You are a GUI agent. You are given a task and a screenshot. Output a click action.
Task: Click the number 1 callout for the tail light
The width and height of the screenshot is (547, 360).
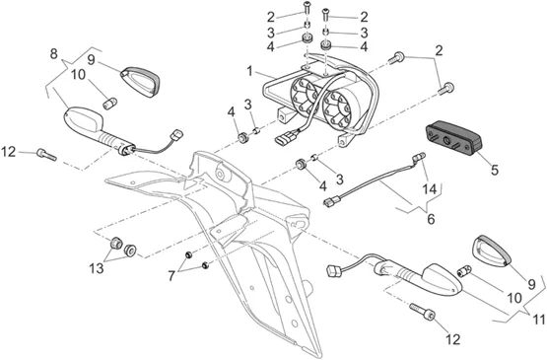click(x=249, y=72)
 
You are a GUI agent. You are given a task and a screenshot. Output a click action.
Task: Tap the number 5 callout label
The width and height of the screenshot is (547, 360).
click(x=495, y=170)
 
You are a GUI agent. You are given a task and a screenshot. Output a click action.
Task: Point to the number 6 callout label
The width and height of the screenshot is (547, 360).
click(x=431, y=219)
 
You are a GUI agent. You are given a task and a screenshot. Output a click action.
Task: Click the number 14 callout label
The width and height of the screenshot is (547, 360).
click(x=430, y=189)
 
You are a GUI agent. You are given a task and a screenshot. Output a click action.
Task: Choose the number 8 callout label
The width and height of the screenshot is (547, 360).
click(x=53, y=54)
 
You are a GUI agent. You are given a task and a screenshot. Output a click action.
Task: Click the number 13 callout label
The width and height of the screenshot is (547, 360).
click(x=97, y=268)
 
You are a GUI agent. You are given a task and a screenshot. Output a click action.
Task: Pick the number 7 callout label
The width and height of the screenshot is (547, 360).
click(x=171, y=276)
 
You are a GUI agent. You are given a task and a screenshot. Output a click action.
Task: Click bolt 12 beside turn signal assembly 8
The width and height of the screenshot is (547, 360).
click(x=46, y=154)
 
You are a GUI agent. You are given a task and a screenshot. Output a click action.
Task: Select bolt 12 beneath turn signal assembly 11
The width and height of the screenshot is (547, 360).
click(x=423, y=311)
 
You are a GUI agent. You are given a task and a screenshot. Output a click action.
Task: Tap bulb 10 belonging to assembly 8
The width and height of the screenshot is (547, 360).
click(x=111, y=104)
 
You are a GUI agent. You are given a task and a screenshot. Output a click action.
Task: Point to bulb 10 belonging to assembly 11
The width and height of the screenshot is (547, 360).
click(x=464, y=271)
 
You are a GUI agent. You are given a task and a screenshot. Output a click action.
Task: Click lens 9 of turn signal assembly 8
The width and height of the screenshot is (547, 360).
click(x=140, y=82)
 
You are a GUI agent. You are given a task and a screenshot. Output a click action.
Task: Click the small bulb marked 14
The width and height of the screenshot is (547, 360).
click(x=418, y=157)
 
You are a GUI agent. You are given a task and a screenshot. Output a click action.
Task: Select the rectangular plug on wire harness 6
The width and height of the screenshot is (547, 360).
click(x=329, y=201)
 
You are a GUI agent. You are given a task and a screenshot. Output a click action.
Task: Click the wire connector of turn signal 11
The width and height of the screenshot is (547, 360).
click(x=333, y=271)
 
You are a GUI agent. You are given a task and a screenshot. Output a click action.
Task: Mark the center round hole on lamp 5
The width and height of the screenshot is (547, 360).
click(x=446, y=141)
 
